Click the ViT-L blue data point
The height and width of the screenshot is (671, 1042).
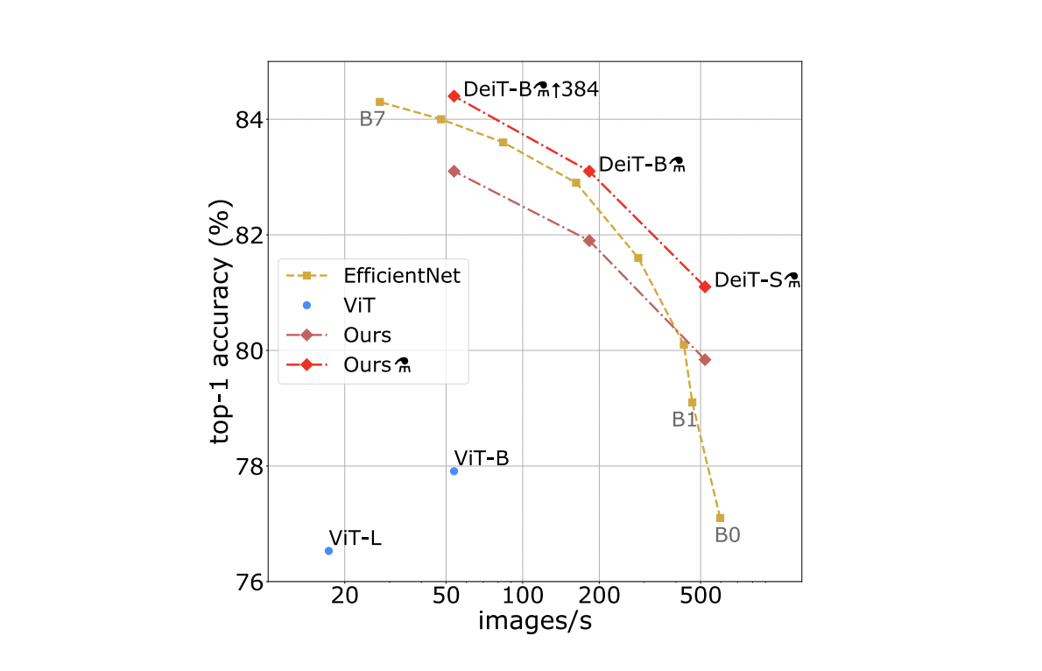coord(328,551)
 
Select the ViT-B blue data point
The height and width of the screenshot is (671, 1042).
coord(454,471)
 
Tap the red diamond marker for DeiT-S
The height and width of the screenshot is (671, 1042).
coord(705,286)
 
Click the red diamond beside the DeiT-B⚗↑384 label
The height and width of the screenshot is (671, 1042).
coord(454,95)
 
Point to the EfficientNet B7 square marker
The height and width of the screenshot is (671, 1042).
coord(380,102)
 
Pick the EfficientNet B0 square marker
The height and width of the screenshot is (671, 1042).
coord(720,518)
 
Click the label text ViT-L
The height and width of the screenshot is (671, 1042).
coord(355,538)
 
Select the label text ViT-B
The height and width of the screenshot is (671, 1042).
coord(481,457)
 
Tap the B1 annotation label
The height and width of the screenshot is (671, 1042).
coord(684,420)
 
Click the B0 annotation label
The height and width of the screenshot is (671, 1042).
coord(728,535)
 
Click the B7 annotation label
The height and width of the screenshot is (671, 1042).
coord(372,120)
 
